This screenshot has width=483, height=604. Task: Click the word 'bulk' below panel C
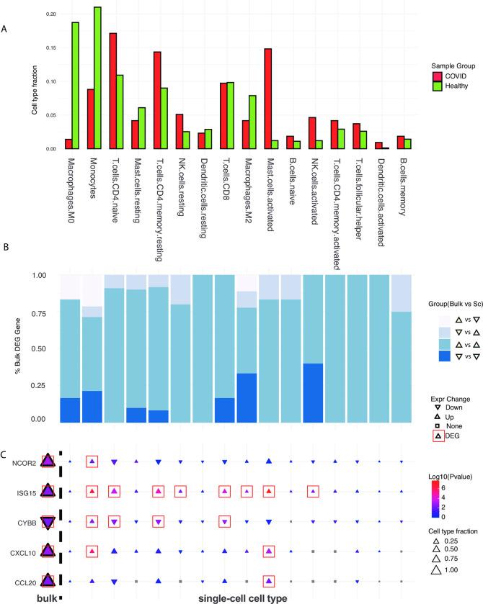click(x=45, y=597)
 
